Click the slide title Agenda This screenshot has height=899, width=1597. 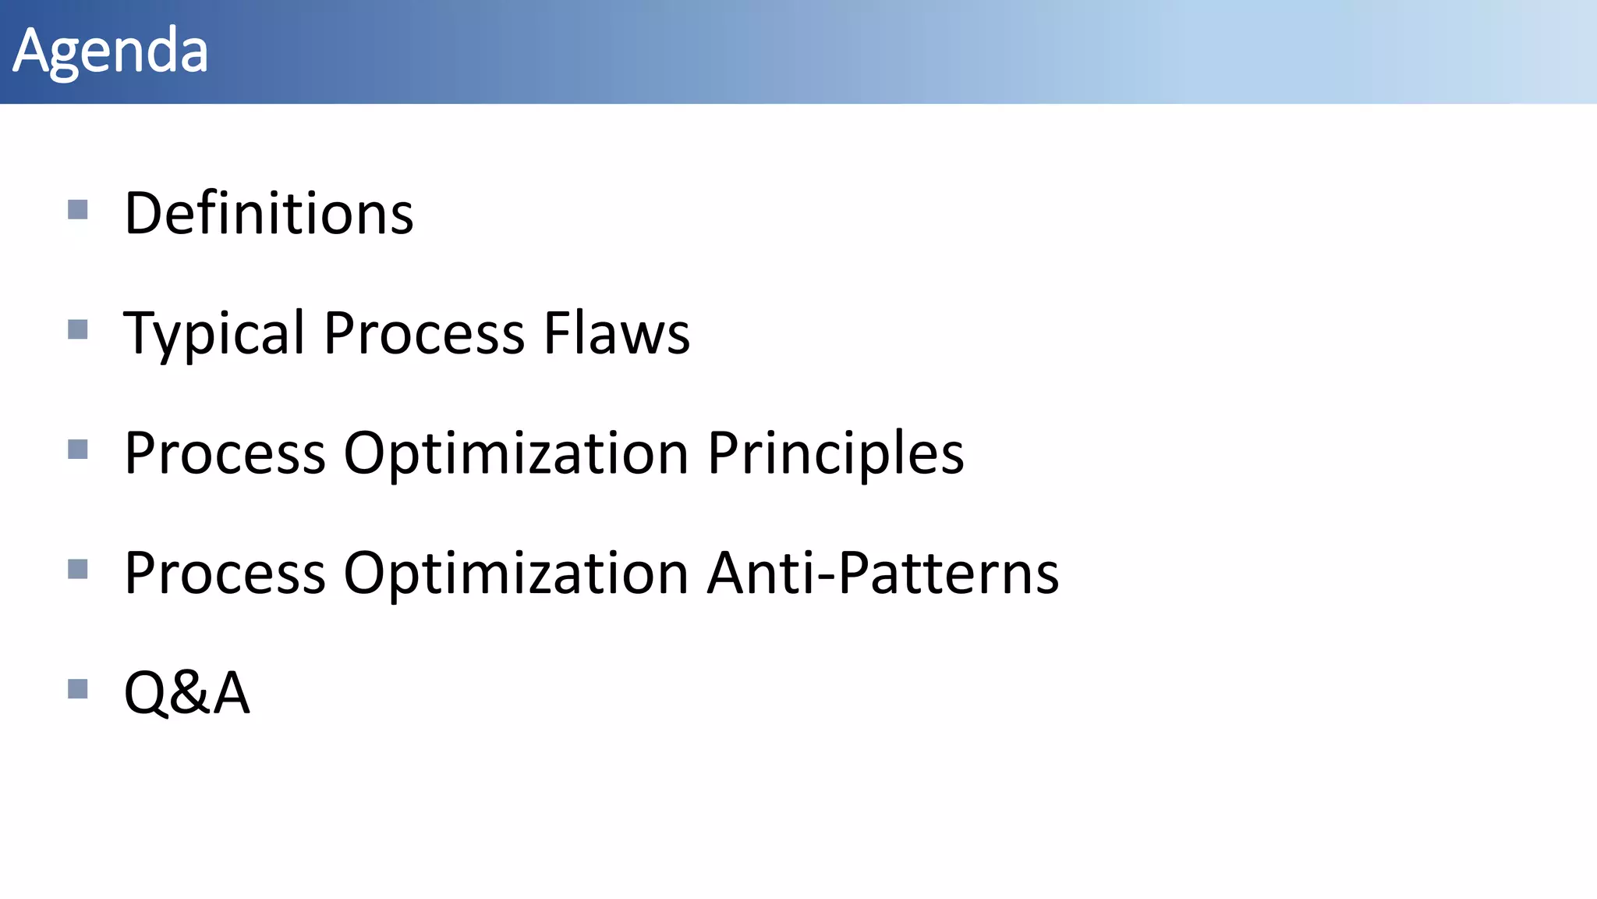(x=111, y=52)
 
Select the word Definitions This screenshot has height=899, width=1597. (x=269, y=213)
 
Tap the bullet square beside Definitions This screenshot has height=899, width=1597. (x=78, y=209)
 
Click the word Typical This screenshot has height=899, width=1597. (x=214, y=334)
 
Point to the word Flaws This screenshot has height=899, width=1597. (x=617, y=333)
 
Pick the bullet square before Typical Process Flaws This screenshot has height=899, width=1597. (x=78, y=329)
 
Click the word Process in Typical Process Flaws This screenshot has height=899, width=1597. (x=424, y=334)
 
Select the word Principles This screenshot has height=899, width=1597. (x=836, y=453)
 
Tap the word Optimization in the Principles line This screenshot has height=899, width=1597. (x=516, y=453)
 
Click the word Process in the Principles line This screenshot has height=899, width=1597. (x=225, y=453)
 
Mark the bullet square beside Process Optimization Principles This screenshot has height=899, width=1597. (x=78, y=449)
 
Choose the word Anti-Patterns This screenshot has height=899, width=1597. (x=883, y=573)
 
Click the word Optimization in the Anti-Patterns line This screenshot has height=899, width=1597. (x=516, y=574)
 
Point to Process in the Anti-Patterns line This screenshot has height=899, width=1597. (x=225, y=574)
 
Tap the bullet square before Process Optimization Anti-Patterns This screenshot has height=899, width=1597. (x=78, y=569)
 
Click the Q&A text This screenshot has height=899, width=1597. (x=187, y=692)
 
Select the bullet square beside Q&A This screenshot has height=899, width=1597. (x=78, y=689)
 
